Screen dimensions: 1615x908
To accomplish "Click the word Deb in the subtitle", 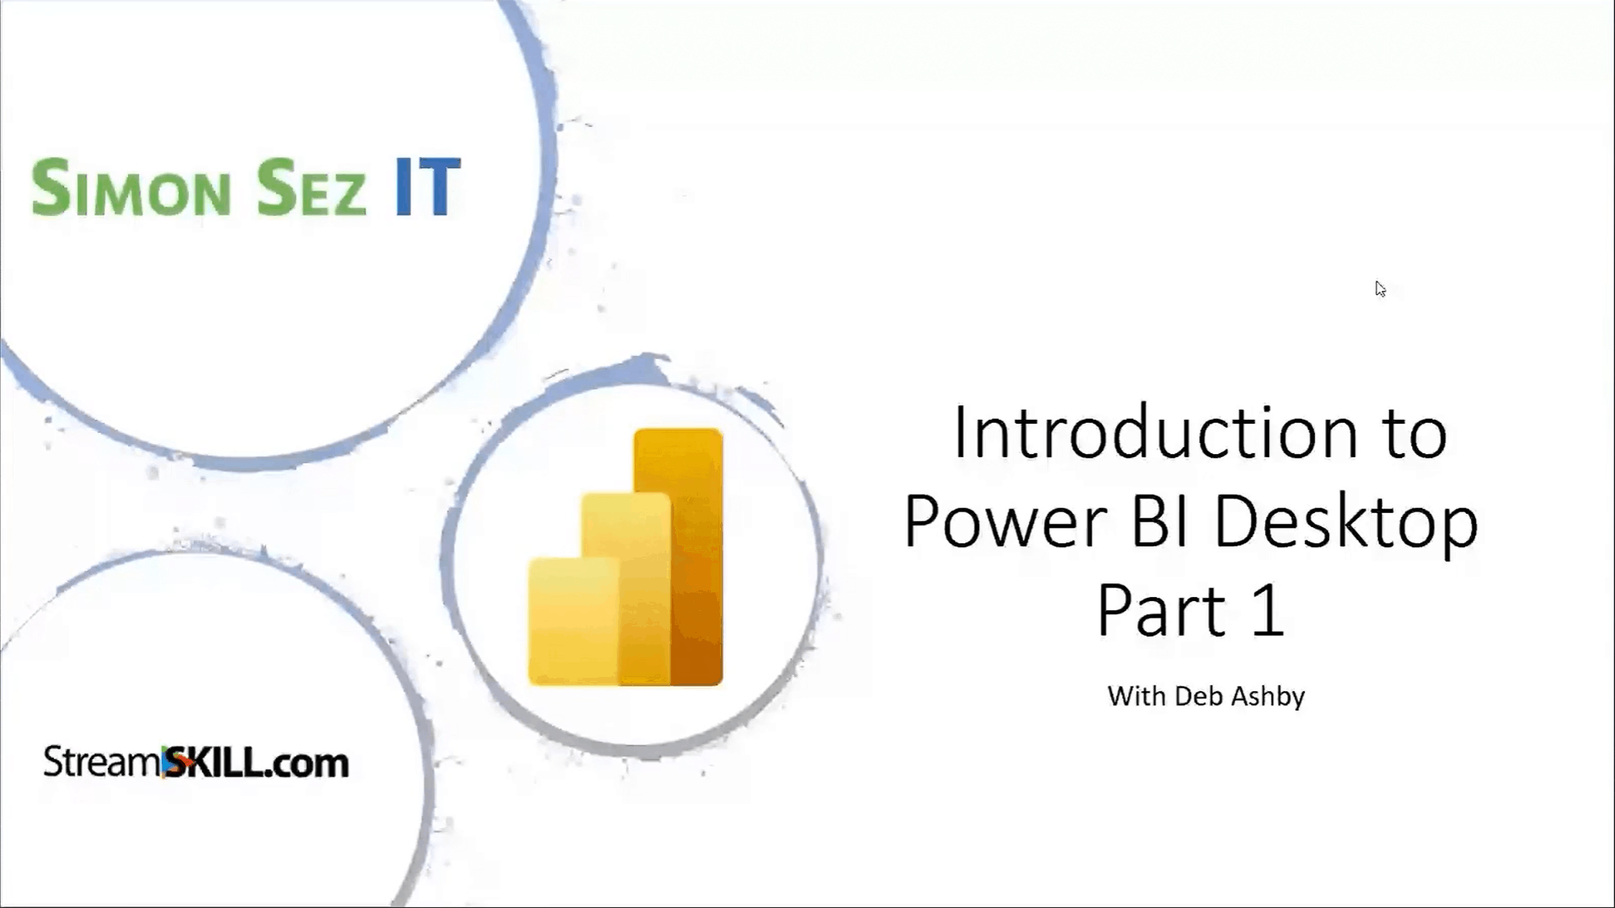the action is (x=1198, y=696).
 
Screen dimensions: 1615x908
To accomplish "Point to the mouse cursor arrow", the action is (x=1379, y=288).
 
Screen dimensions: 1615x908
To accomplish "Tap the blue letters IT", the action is (x=428, y=187).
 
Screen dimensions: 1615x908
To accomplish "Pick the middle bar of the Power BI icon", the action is (x=626, y=588).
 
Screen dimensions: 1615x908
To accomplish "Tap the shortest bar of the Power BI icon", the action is (x=573, y=621).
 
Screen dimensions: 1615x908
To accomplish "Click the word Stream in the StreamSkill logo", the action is (x=103, y=762).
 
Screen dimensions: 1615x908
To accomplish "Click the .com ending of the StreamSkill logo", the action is (x=306, y=764).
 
